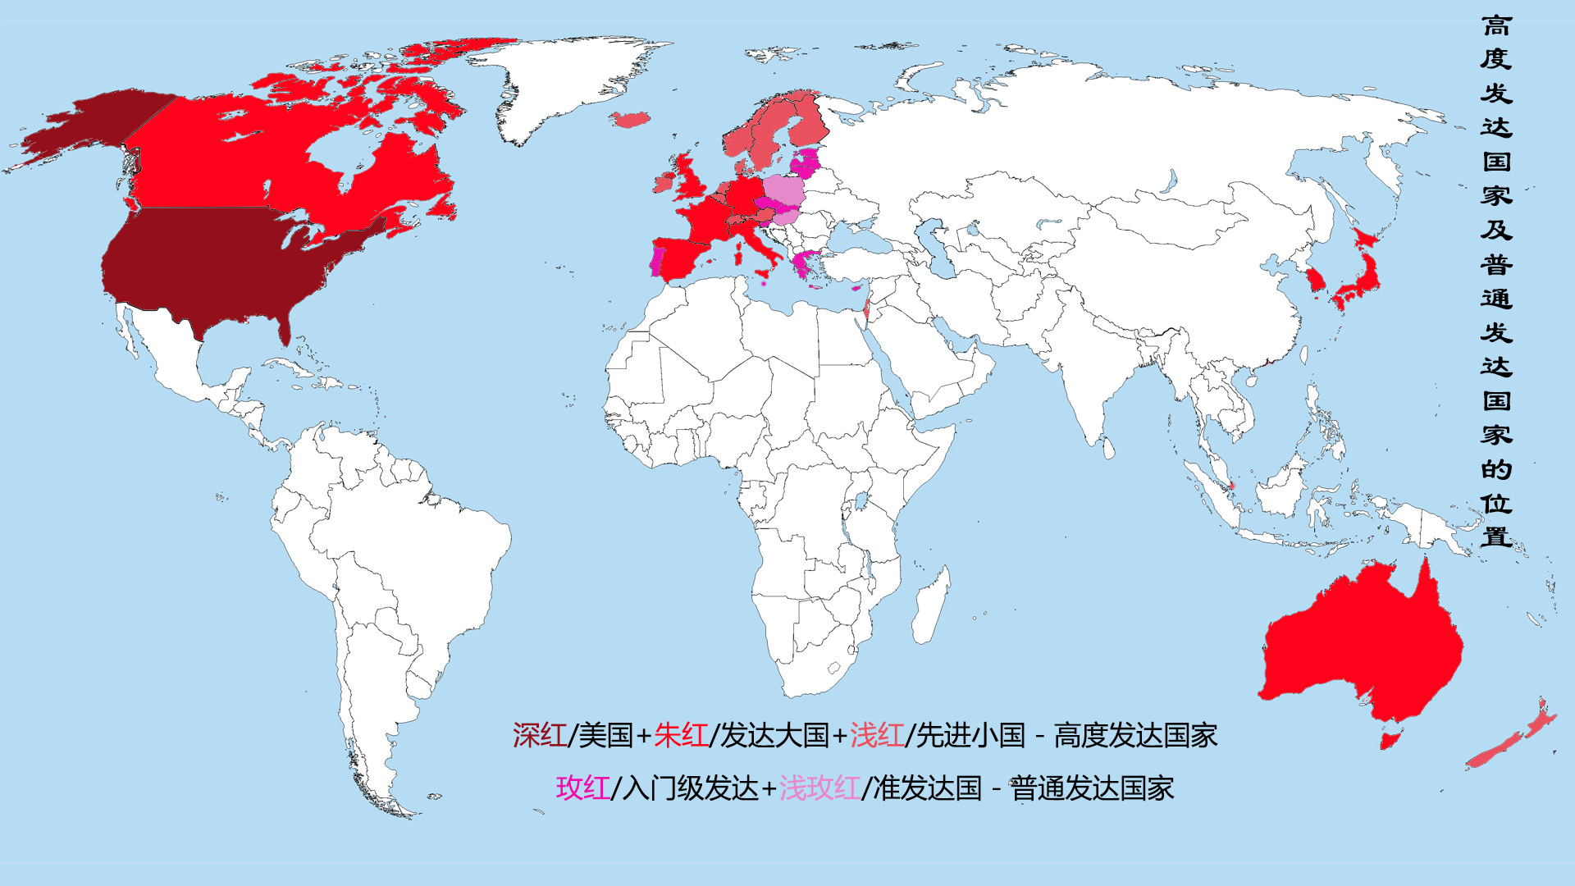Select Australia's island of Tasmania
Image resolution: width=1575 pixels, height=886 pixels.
[x=1388, y=740]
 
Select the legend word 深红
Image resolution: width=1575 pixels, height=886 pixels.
[x=539, y=736]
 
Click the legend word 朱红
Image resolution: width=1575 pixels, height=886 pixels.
[x=681, y=736]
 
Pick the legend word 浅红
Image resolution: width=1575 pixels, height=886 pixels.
[x=876, y=736]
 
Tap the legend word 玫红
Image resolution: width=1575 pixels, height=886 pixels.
[x=582, y=788]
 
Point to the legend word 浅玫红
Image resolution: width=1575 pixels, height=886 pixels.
[x=819, y=788]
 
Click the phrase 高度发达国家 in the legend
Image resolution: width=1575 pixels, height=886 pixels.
[x=1135, y=736]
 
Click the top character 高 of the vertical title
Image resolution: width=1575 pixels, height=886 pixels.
[x=1496, y=26]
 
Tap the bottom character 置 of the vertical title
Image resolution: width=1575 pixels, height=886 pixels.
[x=1496, y=537]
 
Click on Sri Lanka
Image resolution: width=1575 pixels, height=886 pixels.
[x=1108, y=447]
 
